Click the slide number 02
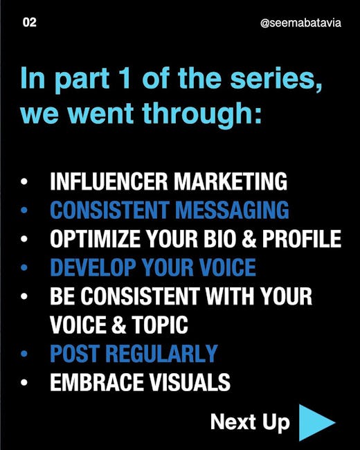(30, 22)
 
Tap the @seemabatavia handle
(300, 23)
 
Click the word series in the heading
(276, 79)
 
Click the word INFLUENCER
(109, 181)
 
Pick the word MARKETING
(231, 181)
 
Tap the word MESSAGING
(232, 210)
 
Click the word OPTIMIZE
(96, 239)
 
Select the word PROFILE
(302, 239)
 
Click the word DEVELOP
(93, 267)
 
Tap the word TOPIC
(160, 325)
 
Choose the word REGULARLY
(161, 353)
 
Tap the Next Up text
(250, 422)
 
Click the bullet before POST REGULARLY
(24, 353)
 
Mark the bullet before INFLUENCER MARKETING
(24, 181)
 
